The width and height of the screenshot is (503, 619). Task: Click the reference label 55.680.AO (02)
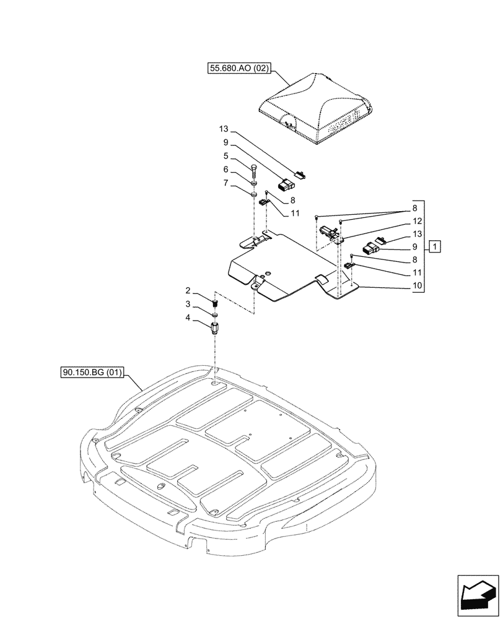[x=238, y=69]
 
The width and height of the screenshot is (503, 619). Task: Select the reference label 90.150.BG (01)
[x=93, y=373]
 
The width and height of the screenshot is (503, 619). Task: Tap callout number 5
[x=226, y=157]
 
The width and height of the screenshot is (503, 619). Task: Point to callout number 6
[x=226, y=170]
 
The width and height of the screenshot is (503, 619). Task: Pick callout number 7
[x=226, y=183]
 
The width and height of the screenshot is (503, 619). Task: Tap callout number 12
[x=417, y=221]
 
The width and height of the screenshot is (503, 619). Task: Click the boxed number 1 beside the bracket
[x=436, y=247]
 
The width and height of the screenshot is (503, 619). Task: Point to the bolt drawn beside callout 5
[x=255, y=170]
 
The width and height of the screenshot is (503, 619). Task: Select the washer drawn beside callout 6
[x=255, y=183]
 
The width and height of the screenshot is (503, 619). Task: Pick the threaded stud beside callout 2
[x=215, y=303]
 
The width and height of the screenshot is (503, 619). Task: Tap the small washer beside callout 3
[x=215, y=314]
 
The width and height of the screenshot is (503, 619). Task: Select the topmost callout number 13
[x=224, y=129]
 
